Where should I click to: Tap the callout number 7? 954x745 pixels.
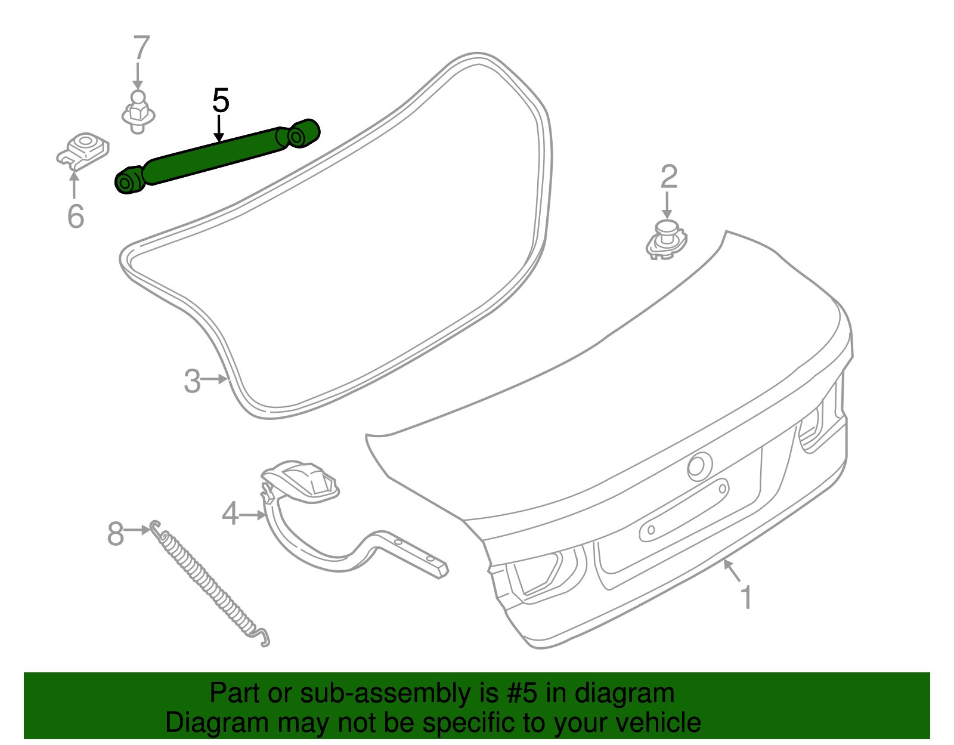pyautogui.click(x=141, y=48)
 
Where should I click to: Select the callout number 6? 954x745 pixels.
pyautogui.click(x=76, y=215)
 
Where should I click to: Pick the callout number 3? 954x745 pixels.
pyautogui.click(x=192, y=381)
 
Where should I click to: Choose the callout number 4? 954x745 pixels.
pyautogui.click(x=230, y=514)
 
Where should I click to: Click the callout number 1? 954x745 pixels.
pyautogui.click(x=746, y=597)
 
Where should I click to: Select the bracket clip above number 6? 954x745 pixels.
pyautogui.click(x=83, y=149)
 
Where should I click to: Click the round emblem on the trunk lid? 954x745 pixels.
pyautogui.click(x=699, y=466)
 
